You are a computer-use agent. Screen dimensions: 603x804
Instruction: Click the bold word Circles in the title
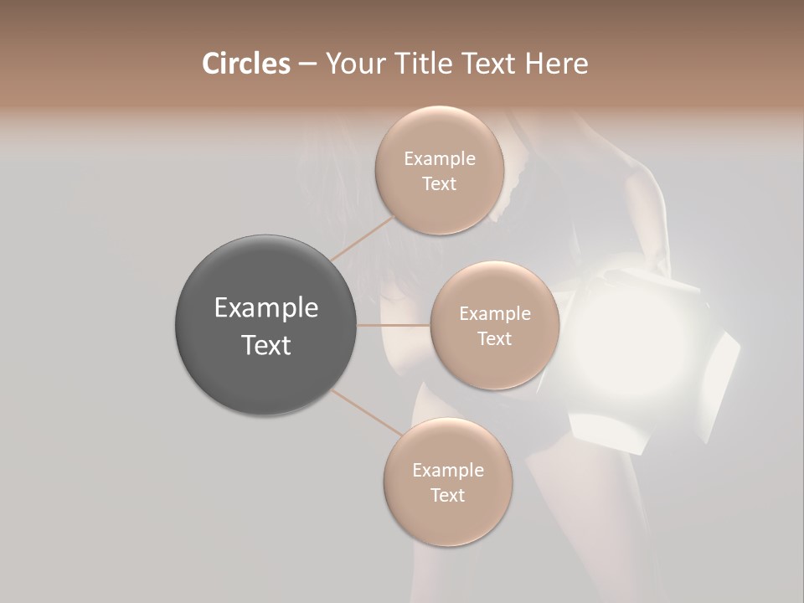(x=245, y=64)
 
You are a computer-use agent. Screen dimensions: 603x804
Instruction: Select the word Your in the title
(x=352, y=64)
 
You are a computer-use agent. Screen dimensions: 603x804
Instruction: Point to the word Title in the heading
(x=419, y=64)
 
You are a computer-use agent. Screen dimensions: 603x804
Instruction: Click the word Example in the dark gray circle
(x=266, y=308)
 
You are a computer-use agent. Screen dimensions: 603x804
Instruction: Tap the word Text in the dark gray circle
(x=266, y=345)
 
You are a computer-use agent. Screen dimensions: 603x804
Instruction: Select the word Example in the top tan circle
(x=440, y=159)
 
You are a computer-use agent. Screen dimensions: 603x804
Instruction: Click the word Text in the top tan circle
(x=440, y=183)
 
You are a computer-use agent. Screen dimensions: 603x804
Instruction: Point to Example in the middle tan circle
(x=495, y=314)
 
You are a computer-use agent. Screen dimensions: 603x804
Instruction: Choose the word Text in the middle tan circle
(x=495, y=338)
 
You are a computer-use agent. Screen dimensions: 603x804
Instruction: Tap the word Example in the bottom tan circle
(x=448, y=471)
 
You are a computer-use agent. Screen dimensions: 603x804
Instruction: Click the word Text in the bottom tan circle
(x=448, y=495)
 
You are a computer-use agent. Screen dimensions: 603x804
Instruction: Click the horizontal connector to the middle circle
(x=394, y=324)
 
